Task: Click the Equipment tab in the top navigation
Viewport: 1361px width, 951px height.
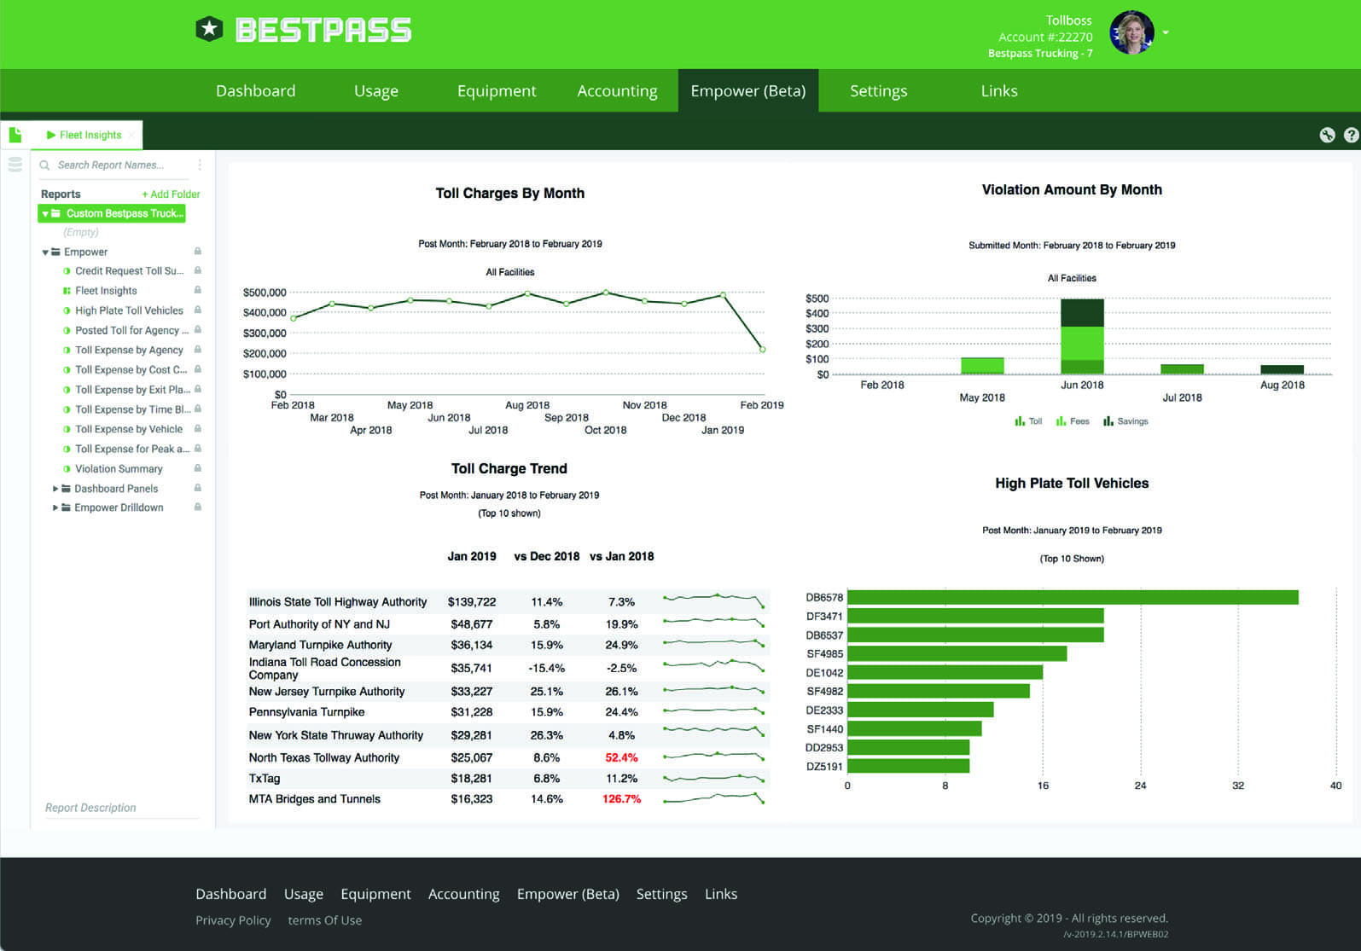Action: (496, 91)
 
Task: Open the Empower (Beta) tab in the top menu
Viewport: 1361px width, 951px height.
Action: (747, 91)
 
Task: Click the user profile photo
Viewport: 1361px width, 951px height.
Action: (1131, 33)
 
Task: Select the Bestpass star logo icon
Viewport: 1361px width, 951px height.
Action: (209, 30)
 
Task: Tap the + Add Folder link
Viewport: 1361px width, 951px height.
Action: (171, 194)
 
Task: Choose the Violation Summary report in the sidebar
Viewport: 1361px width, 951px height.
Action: (119, 469)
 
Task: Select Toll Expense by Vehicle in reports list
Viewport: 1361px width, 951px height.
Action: (129, 429)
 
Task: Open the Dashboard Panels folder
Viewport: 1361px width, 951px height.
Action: (116, 489)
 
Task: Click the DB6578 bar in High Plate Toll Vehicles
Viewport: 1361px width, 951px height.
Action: (1072, 598)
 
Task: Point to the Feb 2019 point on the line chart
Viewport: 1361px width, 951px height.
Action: (762, 350)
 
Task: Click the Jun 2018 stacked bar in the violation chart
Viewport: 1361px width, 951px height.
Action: (1082, 336)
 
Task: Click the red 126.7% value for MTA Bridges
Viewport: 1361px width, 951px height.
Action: (621, 799)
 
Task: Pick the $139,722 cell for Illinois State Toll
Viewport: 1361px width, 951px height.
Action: (472, 602)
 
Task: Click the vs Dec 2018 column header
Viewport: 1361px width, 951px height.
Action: (546, 556)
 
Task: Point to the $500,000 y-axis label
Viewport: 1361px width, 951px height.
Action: (265, 293)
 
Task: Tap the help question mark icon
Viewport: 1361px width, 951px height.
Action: (1351, 135)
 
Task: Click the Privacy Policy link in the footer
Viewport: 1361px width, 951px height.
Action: (233, 920)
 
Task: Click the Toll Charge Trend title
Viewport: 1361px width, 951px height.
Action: (509, 468)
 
